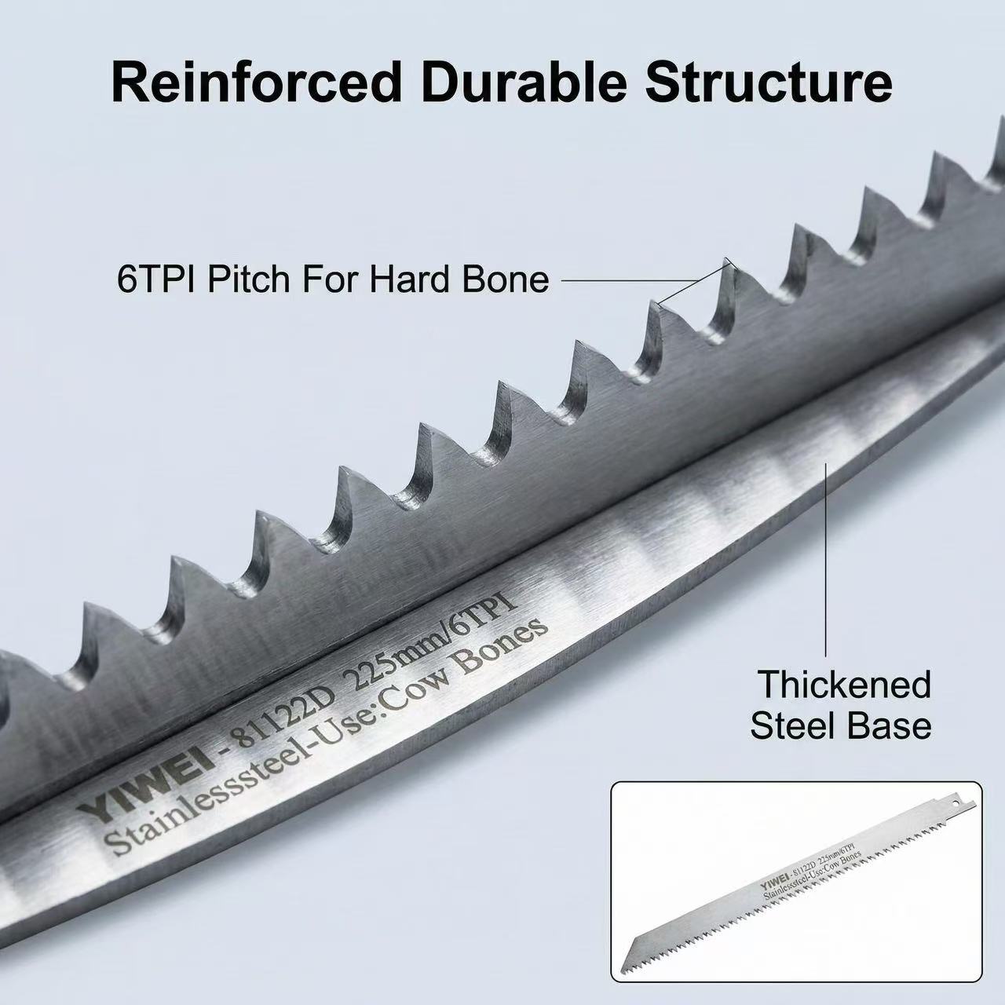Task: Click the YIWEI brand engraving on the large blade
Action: pyautogui.click(x=145, y=788)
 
